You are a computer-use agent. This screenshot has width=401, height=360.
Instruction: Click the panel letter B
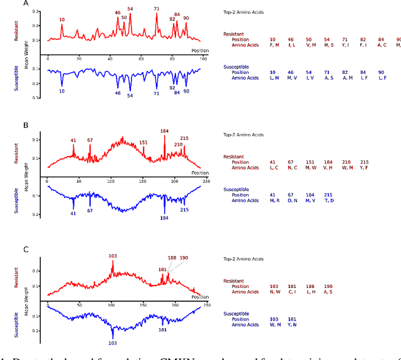[x=26, y=125]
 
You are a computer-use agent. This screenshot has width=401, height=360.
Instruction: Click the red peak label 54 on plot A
[x=130, y=9]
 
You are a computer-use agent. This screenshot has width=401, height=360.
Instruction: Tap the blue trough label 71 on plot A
[x=156, y=93]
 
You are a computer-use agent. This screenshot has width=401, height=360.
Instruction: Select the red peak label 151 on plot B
[x=143, y=142]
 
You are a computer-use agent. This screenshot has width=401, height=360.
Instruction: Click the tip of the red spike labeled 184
[x=165, y=136]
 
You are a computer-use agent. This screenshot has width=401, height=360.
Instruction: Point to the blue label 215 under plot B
[x=184, y=210]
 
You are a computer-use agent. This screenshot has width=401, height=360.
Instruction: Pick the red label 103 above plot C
[x=113, y=256]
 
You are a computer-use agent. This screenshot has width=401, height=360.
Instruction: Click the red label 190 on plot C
[x=184, y=258]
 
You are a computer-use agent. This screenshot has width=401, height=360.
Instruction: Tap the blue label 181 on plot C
[x=162, y=329]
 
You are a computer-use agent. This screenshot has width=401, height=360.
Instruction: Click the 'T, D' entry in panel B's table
[x=328, y=200]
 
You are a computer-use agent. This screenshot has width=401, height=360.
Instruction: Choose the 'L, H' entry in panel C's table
[x=310, y=292]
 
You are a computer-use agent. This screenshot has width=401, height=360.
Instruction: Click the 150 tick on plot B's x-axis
[x=142, y=182]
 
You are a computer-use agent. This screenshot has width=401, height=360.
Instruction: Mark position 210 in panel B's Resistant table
[x=346, y=162]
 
